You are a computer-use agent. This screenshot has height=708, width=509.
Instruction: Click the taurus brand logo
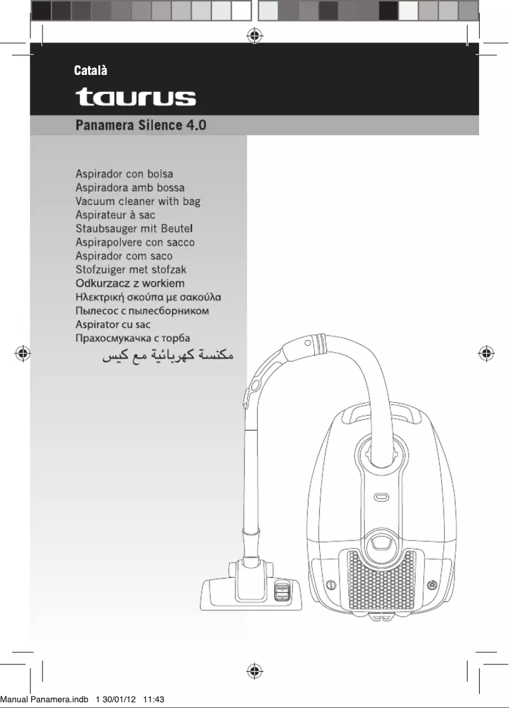click(136, 98)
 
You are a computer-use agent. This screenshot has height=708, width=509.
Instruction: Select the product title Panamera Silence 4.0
click(141, 125)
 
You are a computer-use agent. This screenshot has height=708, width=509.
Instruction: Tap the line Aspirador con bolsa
click(124, 174)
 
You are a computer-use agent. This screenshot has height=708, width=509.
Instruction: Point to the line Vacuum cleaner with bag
click(138, 202)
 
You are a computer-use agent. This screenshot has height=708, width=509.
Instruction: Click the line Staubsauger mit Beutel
click(134, 228)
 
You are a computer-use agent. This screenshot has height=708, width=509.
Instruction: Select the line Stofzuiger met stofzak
click(131, 270)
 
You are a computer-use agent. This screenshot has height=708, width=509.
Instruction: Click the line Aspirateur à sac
click(115, 215)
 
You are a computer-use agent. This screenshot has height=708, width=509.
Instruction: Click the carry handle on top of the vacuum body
click(381, 412)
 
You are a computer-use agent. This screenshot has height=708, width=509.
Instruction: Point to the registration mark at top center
click(254, 35)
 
